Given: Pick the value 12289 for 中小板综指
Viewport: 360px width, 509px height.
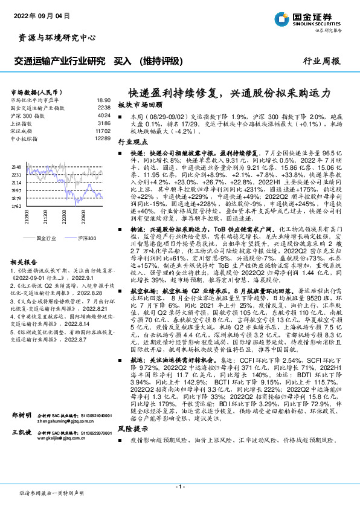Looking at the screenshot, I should click(x=103, y=139).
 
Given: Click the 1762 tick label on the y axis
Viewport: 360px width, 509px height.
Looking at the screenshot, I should click(x=16, y=206).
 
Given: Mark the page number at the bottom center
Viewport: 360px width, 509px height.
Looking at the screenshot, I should click(x=180, y=485).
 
